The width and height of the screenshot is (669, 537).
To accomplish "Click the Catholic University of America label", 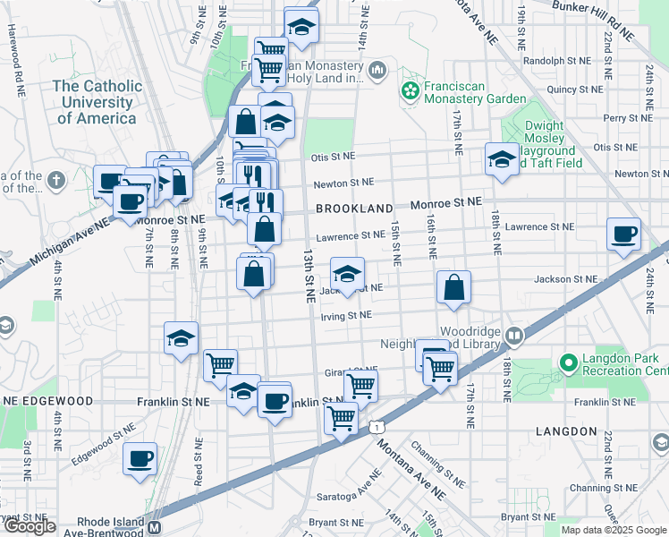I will [97, 101].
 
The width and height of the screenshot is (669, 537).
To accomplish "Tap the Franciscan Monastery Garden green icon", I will [411, 90].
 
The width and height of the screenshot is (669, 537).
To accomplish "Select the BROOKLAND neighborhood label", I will [354, 209].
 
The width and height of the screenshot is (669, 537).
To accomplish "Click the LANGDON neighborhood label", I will [565, 431].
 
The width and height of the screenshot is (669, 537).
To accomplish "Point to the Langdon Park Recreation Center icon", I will [567, 362].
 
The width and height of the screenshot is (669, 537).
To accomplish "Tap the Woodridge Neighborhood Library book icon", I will [514, 337].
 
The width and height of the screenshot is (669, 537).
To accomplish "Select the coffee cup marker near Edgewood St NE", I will [140, 460].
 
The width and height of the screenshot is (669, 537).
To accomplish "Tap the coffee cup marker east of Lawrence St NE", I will [624, 235].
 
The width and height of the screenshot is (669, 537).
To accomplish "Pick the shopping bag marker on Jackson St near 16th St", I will [454, 288].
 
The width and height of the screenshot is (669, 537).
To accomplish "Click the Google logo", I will [30, 527].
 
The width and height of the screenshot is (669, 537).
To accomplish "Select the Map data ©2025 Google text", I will [613, 530].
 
